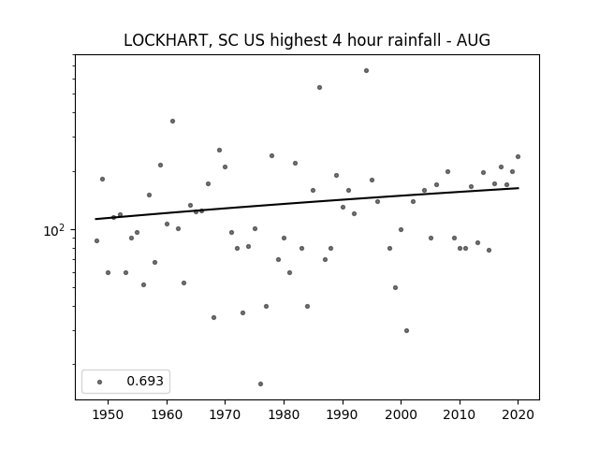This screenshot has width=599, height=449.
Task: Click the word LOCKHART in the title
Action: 166,40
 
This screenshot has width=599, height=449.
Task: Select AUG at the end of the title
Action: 474,40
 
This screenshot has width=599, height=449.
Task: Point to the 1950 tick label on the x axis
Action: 109,414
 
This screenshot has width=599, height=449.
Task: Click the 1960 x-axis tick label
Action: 167,414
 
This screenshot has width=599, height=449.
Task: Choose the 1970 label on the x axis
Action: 226,414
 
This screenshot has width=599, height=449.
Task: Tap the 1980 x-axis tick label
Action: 284,414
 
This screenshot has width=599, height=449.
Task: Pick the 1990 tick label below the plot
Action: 343,414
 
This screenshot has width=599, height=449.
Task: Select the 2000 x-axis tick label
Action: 402,414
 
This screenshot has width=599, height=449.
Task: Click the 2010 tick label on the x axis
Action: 460,414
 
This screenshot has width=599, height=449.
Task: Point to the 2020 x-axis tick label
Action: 518,414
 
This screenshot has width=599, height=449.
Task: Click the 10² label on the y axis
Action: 55,230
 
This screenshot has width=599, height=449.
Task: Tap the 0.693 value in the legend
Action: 145,381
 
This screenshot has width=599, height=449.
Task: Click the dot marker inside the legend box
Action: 100,382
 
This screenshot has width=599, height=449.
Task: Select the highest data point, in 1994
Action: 366,71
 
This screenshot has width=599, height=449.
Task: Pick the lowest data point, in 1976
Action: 260,384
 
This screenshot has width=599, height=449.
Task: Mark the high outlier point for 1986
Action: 319,87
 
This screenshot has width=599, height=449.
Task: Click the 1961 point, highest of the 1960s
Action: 172,121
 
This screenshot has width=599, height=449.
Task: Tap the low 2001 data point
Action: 406,330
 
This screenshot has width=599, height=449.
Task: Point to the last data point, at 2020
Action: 518,156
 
